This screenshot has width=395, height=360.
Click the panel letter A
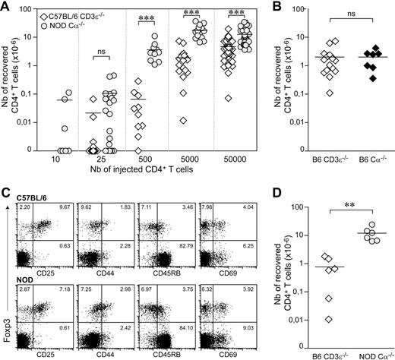pos(5,7)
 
